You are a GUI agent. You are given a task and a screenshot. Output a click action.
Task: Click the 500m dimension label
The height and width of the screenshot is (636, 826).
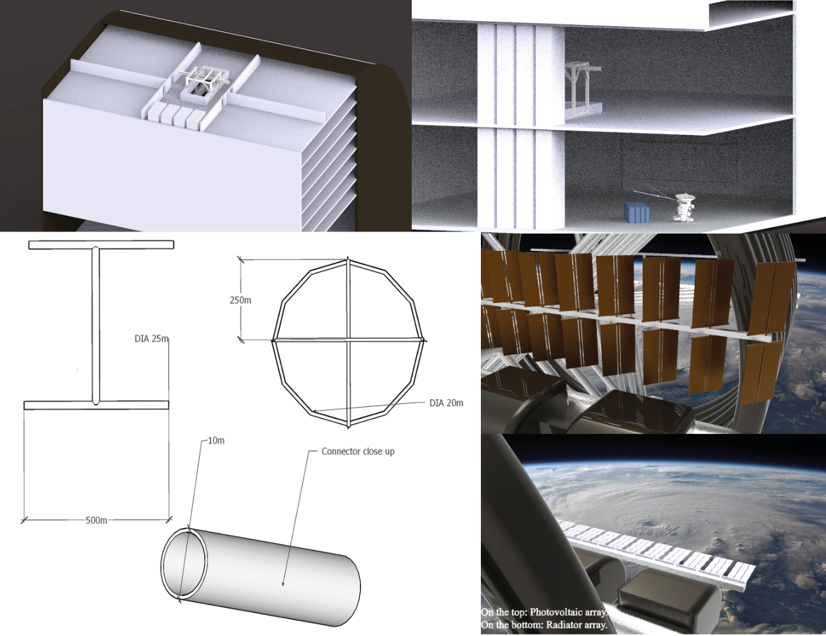(97, 520)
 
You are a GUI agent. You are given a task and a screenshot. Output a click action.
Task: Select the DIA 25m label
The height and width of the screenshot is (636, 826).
(151, 338)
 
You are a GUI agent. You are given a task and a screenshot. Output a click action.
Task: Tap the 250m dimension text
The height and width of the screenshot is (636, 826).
(241, 300)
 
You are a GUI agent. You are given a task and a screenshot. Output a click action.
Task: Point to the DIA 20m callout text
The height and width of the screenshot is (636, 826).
(446, 402)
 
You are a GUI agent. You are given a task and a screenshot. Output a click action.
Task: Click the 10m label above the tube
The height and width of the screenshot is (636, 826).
(216, 440)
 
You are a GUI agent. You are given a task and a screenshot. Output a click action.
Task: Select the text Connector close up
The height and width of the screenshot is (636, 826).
(358, 451)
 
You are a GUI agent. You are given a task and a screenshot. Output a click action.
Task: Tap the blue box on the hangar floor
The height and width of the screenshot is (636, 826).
(637, 212)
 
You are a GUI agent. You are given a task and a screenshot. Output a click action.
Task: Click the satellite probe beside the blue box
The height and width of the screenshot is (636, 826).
(683, 206)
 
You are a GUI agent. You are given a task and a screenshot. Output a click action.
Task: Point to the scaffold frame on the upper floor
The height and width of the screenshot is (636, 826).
(580, 86)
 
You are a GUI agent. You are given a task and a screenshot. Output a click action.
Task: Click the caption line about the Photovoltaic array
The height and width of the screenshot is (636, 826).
(544, 612)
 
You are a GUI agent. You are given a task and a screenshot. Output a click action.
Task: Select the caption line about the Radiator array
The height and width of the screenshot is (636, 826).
(544, 625)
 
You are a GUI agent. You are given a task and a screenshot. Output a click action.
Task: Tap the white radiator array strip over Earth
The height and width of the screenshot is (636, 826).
(660, 552)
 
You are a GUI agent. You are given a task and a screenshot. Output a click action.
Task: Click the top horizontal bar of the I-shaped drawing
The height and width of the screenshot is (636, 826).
(101, 244)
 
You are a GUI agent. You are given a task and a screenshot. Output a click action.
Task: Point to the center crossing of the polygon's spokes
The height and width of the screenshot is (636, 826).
(348, 340)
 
